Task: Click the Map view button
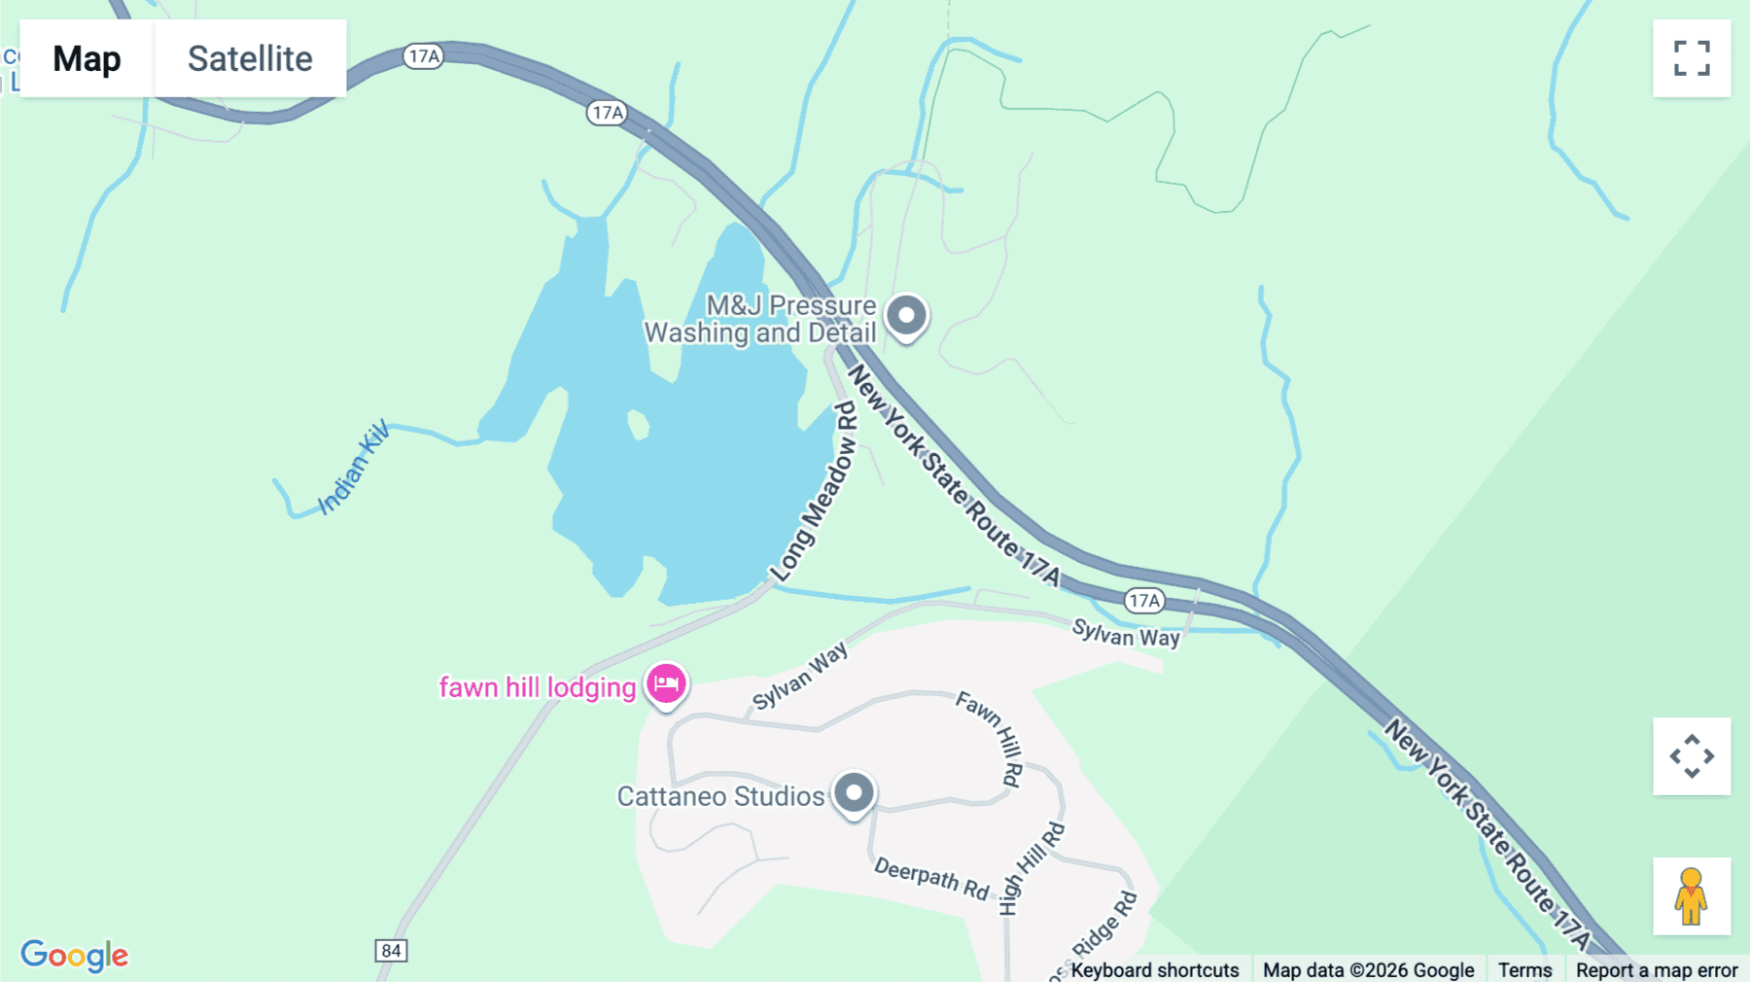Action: tap(87, 58)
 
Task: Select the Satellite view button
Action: tap(250, 58)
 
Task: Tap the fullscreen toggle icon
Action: tap(1692, 58)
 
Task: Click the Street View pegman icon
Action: tap(1692, 895)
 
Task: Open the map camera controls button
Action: tap(1692, 756)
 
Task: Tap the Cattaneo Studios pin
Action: tap(854, 793)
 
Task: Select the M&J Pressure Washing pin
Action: tap(906, 316)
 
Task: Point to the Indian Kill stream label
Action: tap(354, 467)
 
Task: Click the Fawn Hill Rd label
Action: tap(992, 736)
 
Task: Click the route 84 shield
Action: tap(391, 950)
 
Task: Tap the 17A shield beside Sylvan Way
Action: tap(1144, 601)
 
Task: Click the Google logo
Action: tap(75, 955)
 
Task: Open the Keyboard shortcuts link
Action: tap(1155, 970)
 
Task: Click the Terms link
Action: tap(1524, 970)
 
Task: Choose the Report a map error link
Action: tap(1657, 970)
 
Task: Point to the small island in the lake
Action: tap(638, 425)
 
